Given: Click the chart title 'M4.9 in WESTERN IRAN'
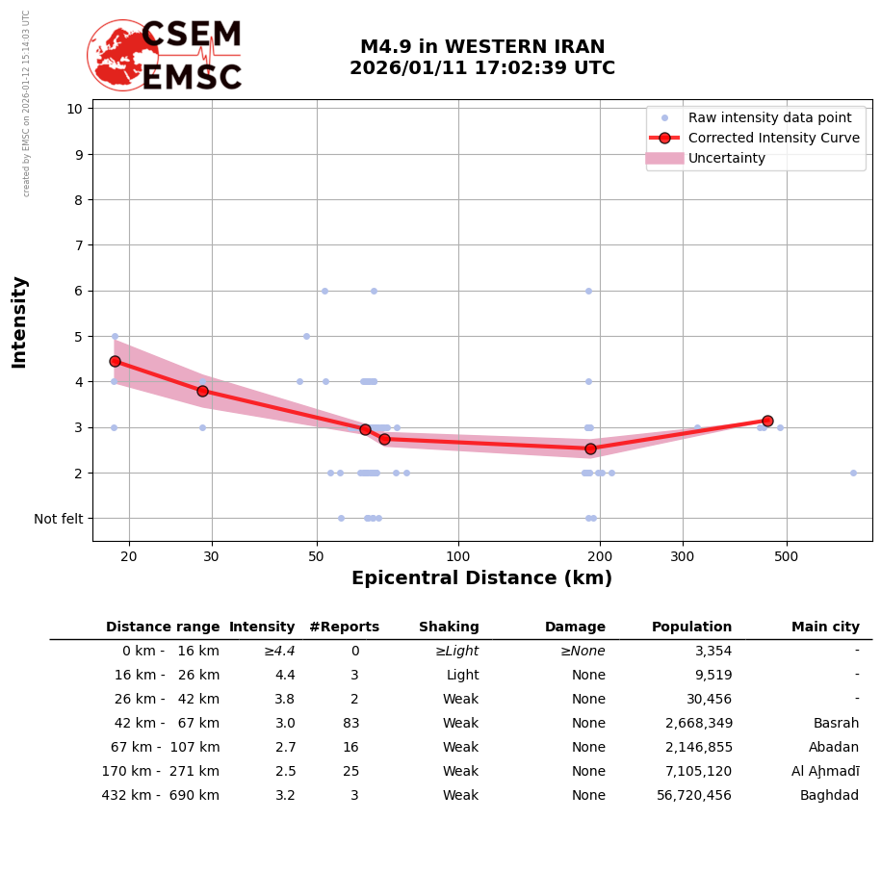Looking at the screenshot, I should (x=482, y=47).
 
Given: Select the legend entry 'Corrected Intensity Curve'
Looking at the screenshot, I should (x=773, y=138).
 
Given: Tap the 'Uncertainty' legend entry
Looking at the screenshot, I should (x=727, y=158).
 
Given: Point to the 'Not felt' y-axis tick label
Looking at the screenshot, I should (x=59, y=519).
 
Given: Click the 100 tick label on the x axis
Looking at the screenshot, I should (x=458, y=555).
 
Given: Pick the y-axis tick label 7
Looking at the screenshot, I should (x=75, y=245).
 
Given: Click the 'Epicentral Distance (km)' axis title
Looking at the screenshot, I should (x=481, y=578).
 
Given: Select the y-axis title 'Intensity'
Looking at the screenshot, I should (x=19, y=321).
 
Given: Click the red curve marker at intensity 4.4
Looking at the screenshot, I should (x=115, y=361).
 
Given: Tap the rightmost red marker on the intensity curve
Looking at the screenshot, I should (x=767, y=421).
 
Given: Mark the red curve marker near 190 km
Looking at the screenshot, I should (x=590, y=448).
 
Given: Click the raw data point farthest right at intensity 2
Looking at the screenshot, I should (x=853, y=473).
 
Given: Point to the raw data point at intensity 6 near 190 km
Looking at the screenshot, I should (x=588, y=291).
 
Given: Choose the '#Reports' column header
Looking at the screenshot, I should (x=344, y=628).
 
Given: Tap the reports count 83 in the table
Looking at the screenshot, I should (x=350, y=724).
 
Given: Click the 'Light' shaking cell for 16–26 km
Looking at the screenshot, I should (x=461, y=676).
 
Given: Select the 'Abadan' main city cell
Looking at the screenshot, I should (x=834, y=748).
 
